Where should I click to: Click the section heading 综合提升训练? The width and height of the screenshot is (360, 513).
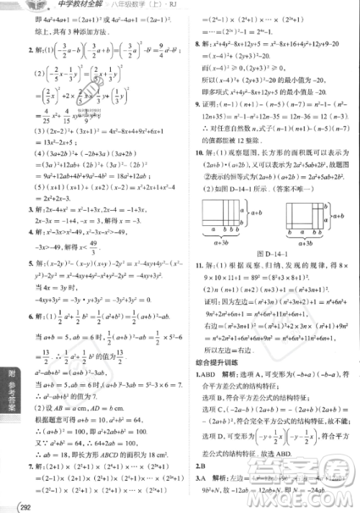(212, 361)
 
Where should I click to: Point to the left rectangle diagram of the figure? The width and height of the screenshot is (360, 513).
(222, 214)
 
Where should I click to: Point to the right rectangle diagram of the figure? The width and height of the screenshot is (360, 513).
(305, 214)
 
